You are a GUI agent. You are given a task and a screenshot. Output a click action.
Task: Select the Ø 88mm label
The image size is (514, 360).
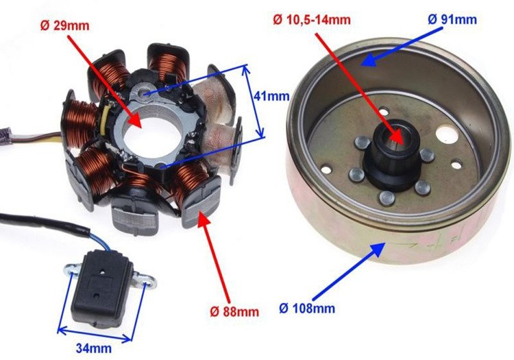(x=234, y=311)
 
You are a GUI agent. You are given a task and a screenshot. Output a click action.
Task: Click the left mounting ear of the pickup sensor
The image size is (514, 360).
(x=69, y=271)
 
